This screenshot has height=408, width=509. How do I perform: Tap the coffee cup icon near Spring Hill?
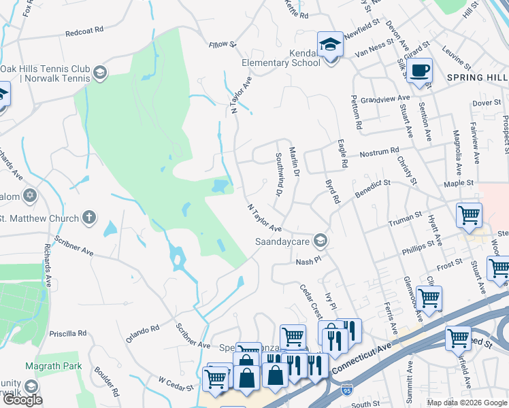(x=421, y=70)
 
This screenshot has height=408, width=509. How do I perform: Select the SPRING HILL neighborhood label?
(x=476, y=78)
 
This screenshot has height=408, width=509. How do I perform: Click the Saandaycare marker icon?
(x=321, y=241)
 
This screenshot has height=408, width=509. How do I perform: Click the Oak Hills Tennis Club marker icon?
(x=100, y=73)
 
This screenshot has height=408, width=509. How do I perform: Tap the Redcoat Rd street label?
(x=84, y=31)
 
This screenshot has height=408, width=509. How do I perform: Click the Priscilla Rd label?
(x=73, y=333)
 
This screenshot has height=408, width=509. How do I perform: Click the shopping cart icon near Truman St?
(x=469, y=216)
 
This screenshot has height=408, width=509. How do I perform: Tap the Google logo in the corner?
(x=22, y=399)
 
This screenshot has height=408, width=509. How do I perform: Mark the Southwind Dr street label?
(x=278, y=174)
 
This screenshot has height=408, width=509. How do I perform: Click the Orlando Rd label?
(x=142, y=333)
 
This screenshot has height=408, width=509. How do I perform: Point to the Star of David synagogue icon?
(x=29, y=197)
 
